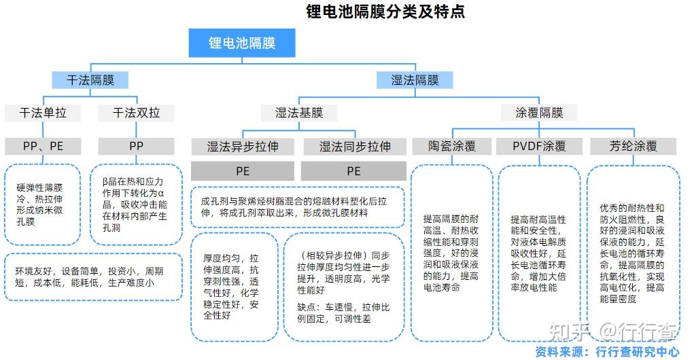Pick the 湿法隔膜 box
click(x=415, y=80)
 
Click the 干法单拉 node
click(x=43, y=113)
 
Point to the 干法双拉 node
click(x=136, y=113)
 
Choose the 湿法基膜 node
click(x=298, y=113)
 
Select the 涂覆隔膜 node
click(x=539, y=113)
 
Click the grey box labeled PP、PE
click(x=43, y=146)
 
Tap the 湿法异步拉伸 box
click(x=243, y=146)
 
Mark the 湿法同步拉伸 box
click(x=354, y=146)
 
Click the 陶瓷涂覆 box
click(x=451, y=146)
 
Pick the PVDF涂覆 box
click(x=539, y=146)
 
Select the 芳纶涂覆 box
click(x=633, y=146)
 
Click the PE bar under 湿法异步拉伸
click(x=243, y=171)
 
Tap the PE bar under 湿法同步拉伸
click(x=354, y=171)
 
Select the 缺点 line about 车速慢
click(x=343, y=312)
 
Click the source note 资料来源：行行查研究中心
click(x=606, y=351)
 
